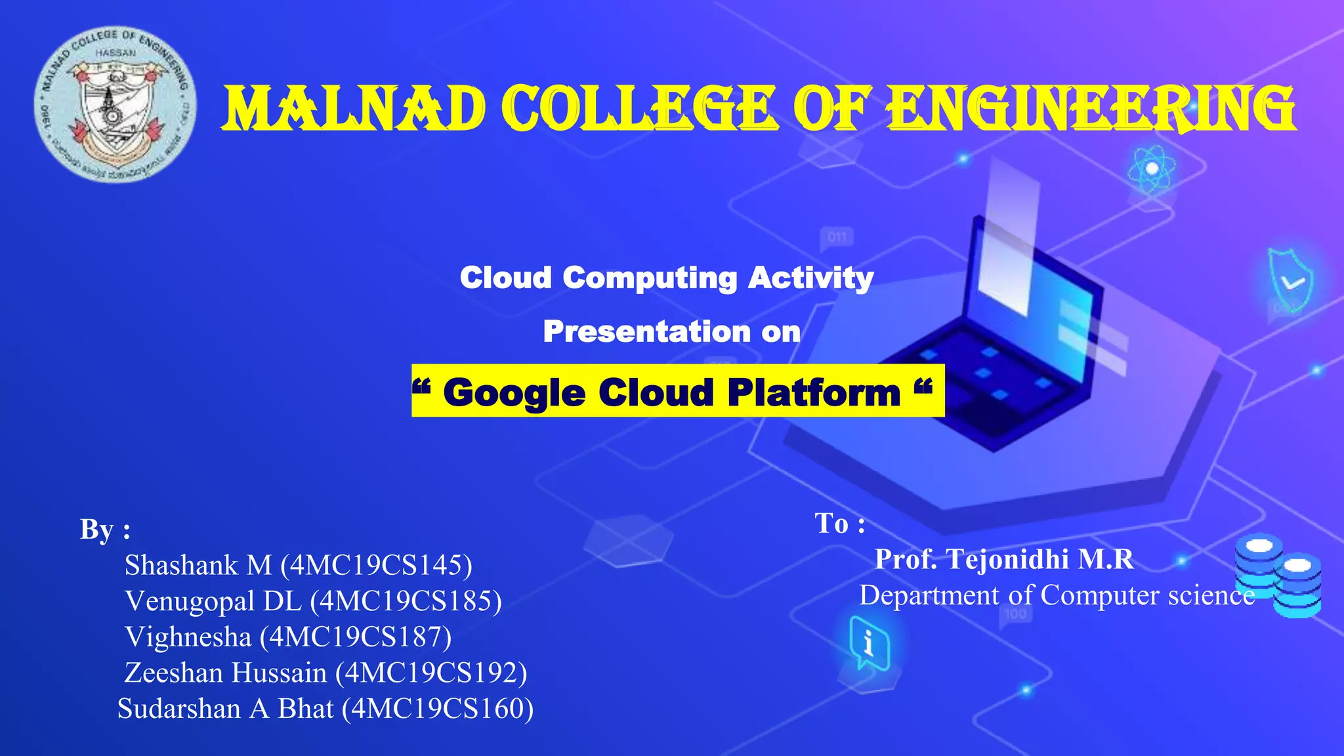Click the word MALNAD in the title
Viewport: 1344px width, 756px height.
click(353, 109)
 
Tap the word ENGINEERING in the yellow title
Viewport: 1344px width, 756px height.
click(1091, 109)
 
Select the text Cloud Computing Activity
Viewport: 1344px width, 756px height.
click(666, 278)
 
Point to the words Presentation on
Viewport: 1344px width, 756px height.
click(671, 331)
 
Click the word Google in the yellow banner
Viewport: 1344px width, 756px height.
click(514, 392)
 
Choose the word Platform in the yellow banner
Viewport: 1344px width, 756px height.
click(814, 392)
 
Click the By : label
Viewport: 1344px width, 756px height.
click(105, 530)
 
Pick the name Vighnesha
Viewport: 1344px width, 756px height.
click(188, 637)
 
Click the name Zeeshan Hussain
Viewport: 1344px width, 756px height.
click(225, 673)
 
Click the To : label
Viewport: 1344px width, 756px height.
click(839, 524)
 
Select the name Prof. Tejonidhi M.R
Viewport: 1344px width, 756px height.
click(1004, 559)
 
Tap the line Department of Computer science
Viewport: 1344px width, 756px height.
click(1057, 595)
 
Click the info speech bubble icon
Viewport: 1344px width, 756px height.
click(869, 642)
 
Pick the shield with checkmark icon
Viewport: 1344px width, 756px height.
click(1290, 280)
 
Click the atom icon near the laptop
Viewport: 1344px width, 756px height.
click(1151, 169)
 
